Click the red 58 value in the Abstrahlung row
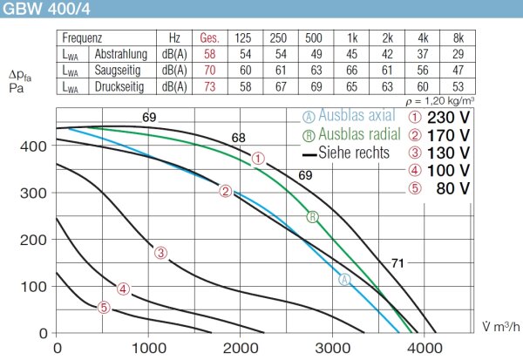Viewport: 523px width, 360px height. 209,55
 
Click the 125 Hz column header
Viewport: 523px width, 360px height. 244,39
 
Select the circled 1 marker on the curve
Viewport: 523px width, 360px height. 257,159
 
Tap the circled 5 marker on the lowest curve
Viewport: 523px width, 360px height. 104,307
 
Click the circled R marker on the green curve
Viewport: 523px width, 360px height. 312,216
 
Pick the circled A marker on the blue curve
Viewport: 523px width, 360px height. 343,279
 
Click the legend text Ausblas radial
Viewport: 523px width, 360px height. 361,134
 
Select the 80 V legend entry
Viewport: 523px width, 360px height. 452,187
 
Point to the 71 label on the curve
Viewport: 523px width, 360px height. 396,262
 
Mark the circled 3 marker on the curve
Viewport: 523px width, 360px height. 160,253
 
